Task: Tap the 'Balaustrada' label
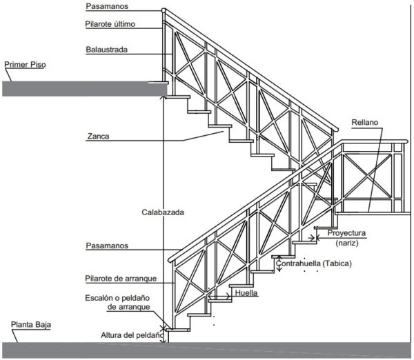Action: tap(108, 50)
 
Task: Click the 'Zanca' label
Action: tap(98, 137)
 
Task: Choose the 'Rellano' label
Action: tap(365, 121)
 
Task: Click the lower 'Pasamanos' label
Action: tap(107, 246)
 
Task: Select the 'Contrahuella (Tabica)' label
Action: tap(314, 264)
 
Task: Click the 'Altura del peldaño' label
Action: tap(132, 334)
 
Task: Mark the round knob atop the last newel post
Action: tap(164, 10)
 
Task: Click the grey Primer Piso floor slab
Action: tap(83, 88)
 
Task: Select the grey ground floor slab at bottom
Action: tap(207, 350)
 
